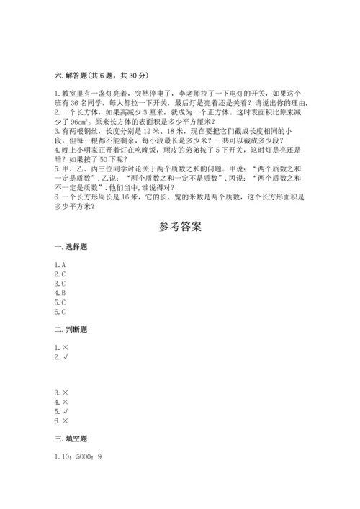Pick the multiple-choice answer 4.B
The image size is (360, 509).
pyautogui.click(x=60, y=293)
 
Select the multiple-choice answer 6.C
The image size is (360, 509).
pyautogui.click(x=60, y=312)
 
